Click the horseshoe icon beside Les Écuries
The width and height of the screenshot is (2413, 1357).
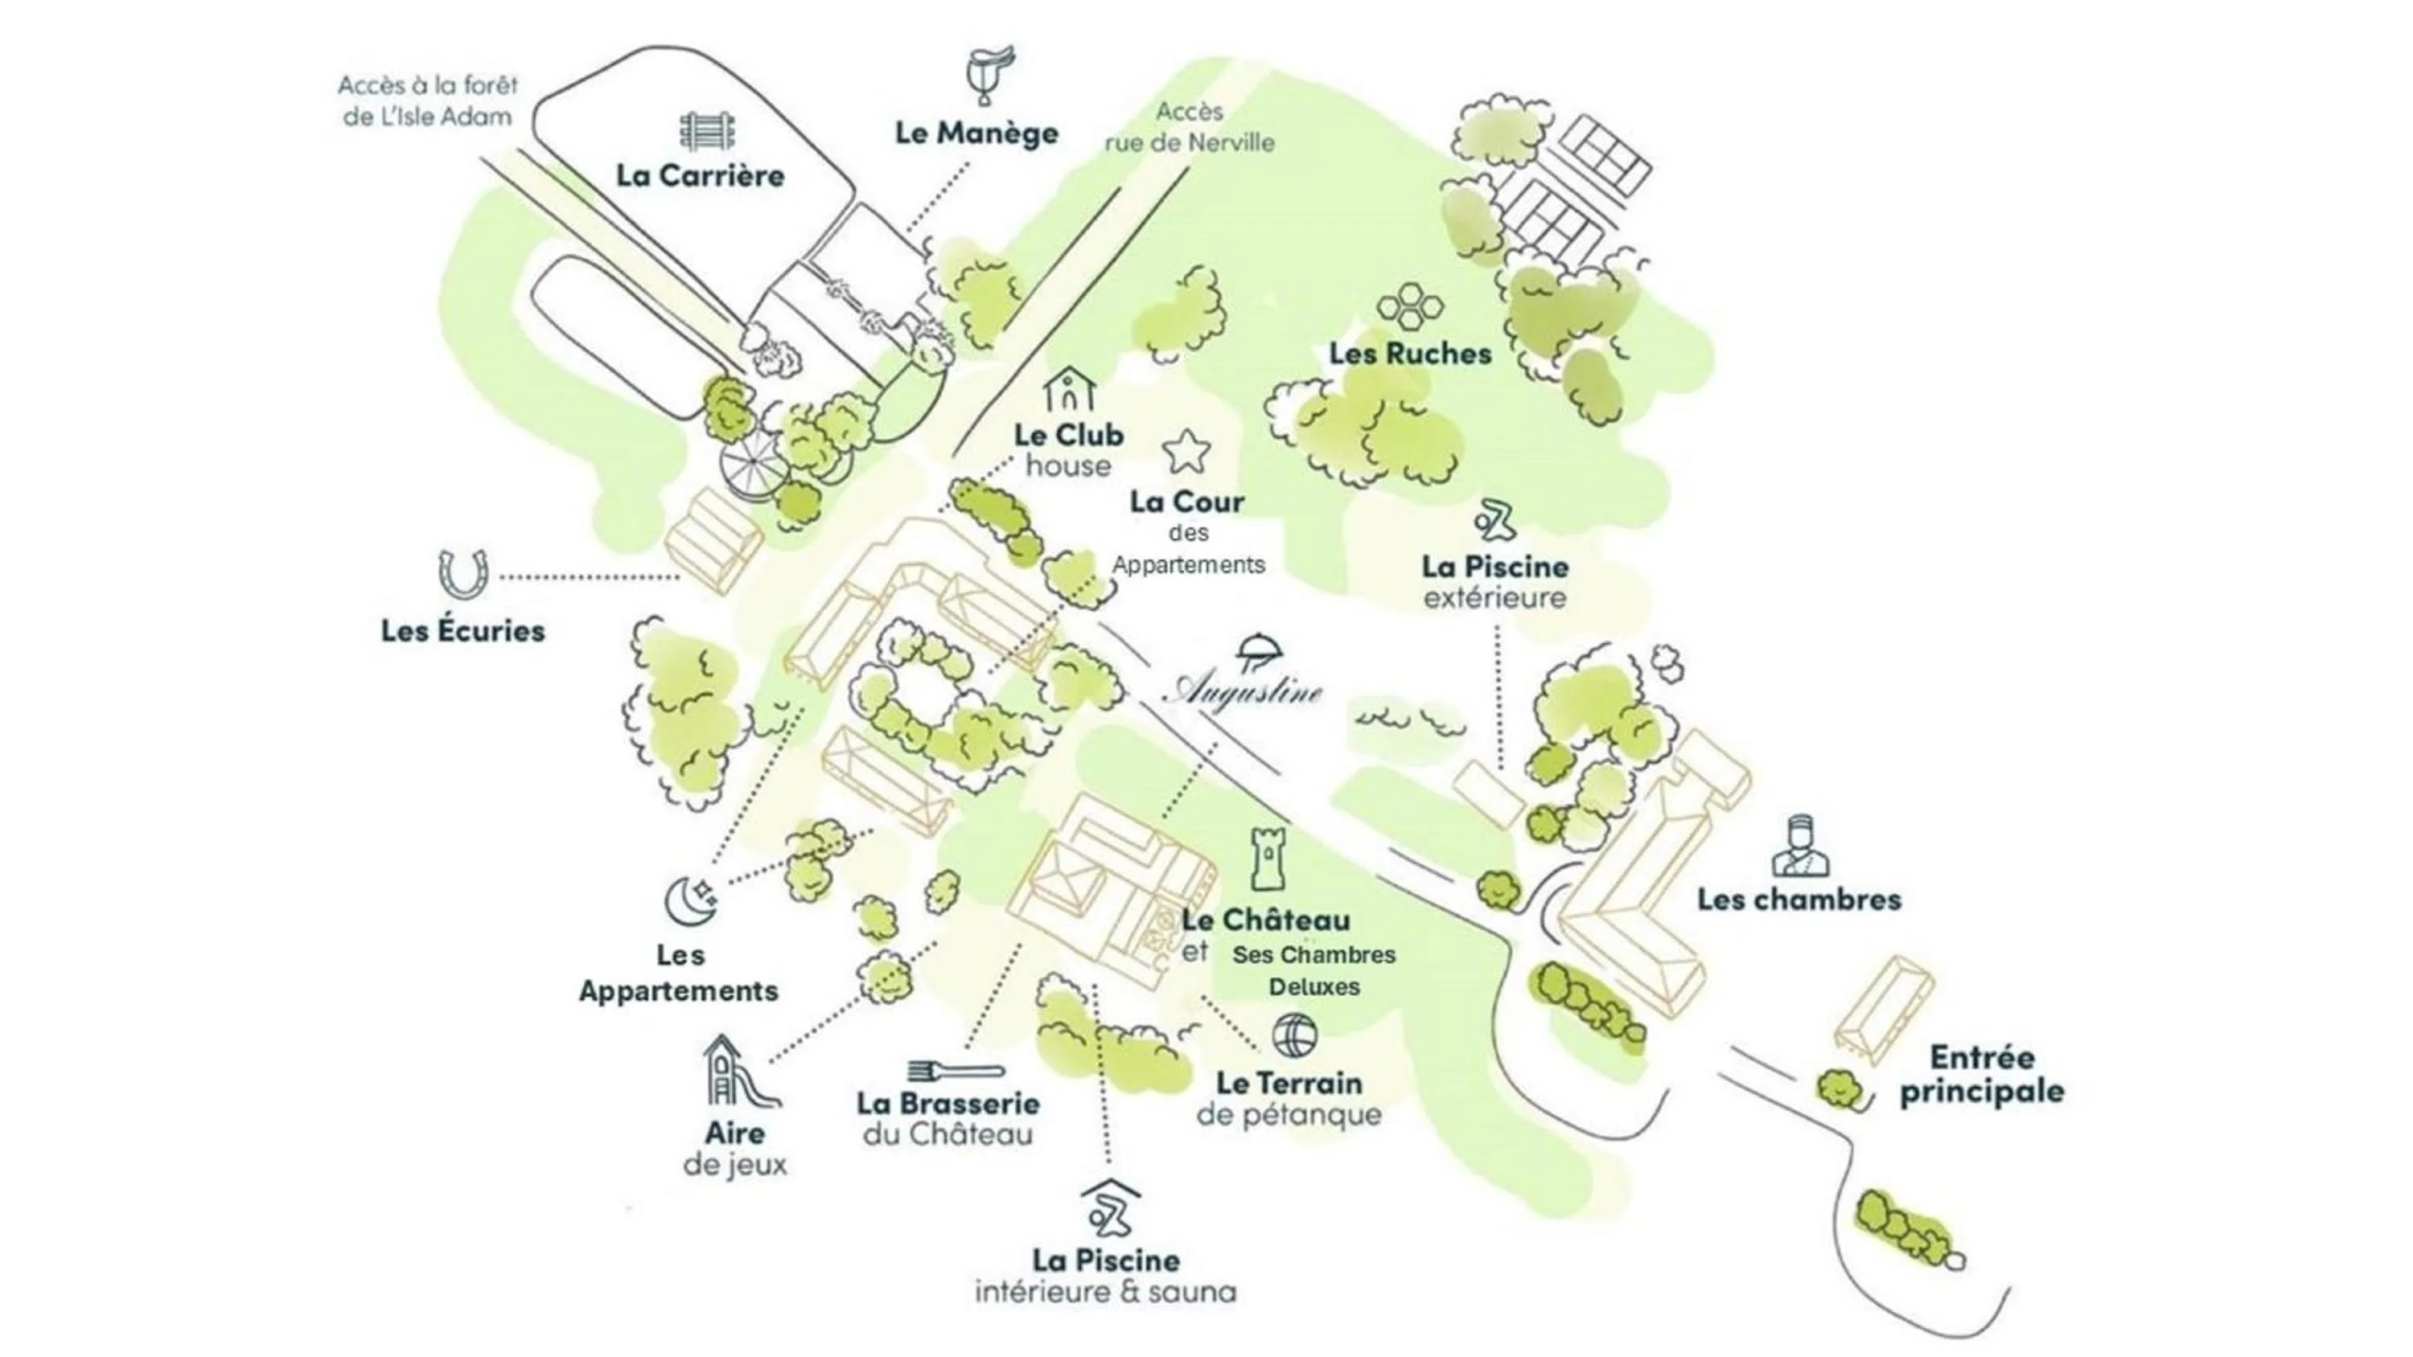(462, 574)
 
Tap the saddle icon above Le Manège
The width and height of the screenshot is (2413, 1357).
(990, 74)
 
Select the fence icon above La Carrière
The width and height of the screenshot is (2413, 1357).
(707, 131)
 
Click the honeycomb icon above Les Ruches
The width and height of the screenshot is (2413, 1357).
(1410, 306)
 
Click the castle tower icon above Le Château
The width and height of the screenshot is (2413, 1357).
(1268, 859)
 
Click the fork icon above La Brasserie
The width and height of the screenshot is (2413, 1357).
(956, 1069)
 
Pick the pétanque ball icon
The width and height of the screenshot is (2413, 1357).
(1294, 1035)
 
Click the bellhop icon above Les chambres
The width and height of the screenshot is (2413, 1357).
(1799, 846)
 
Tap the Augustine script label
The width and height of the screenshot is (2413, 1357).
(1242, 691)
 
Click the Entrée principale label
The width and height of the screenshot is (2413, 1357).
(1982, 1074)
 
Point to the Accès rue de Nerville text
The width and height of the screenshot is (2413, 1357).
(1190, 127)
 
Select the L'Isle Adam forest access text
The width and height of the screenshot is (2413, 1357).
(428, 101)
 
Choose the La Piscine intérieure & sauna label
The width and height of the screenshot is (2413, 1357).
(1105, 1276)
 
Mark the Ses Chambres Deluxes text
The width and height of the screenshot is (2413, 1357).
(1314, 970)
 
